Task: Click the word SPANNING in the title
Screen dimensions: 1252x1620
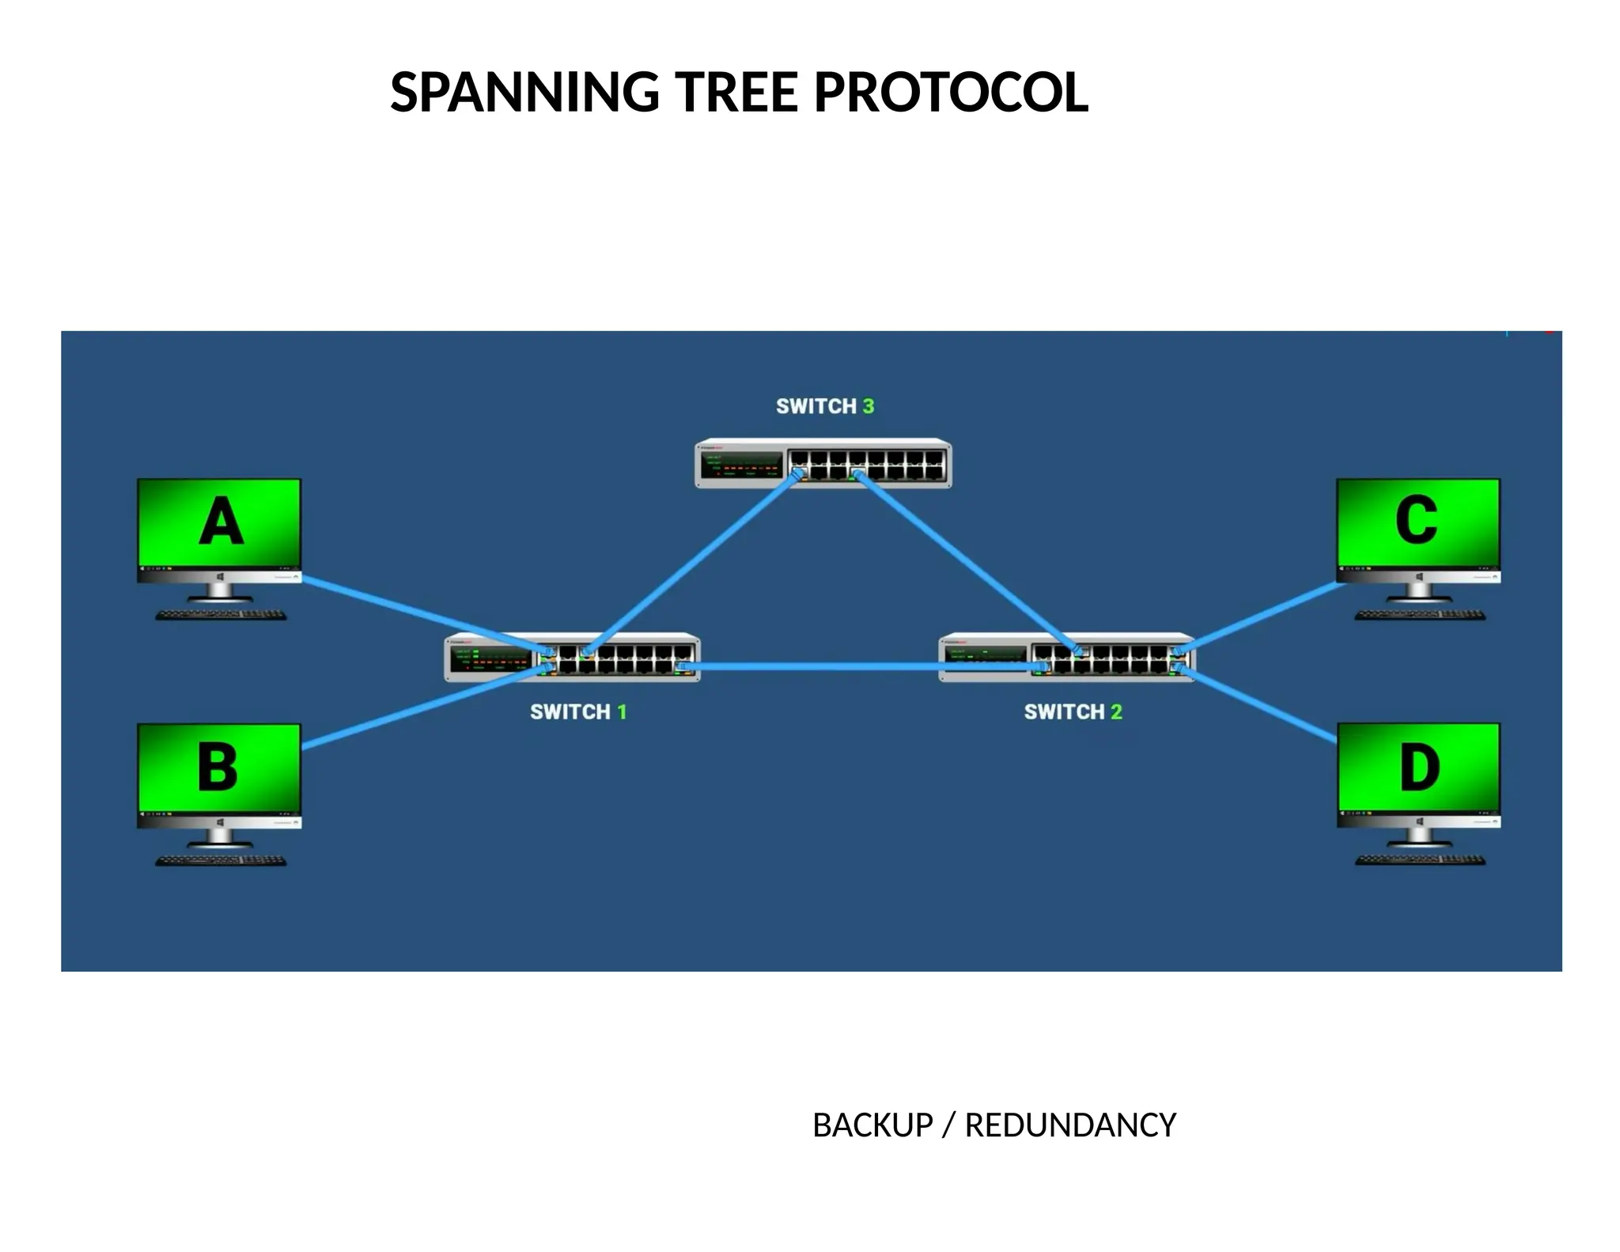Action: (524, 93)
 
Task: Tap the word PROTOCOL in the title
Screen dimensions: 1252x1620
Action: (951, 93)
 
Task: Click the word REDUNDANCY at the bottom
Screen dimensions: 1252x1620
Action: (1069, 1125)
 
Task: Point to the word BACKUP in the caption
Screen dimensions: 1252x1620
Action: (872, 1125)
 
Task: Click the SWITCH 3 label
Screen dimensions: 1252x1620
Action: (824, 406)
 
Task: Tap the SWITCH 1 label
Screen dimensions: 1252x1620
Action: (578, 711)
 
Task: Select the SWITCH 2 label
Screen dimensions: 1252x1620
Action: (1073, 711)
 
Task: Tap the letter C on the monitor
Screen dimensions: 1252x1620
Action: (1416, 520)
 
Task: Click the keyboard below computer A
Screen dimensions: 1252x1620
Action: (221, 615)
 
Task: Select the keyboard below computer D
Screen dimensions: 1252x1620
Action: (1420, 860)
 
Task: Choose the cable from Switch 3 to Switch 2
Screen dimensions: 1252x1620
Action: (965, 561)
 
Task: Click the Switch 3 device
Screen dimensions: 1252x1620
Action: (823, 463)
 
